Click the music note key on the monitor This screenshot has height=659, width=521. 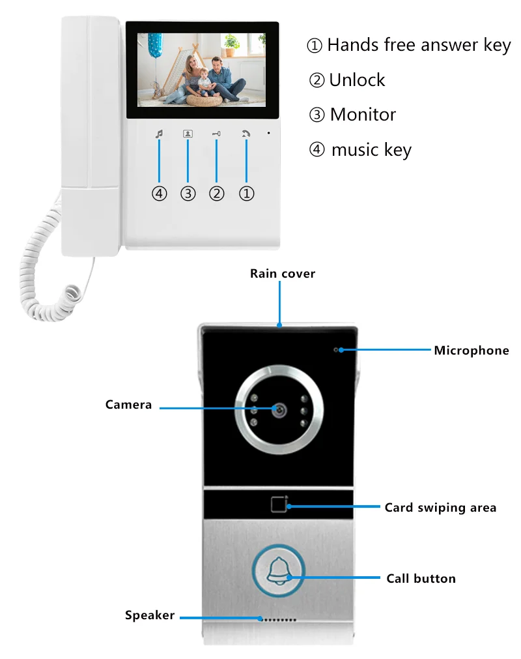(159, 134)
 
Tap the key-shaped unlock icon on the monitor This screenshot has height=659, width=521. (216, 134)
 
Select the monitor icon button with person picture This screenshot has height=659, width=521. (188, 134)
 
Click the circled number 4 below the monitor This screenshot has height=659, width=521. (159, 194)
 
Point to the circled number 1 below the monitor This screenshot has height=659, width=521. (246, 194)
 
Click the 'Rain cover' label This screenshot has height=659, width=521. (282, 274)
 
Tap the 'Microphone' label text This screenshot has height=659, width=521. (472, 351)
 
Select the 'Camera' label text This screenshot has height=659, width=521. (128, 405)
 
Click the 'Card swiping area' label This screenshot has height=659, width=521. (440, 507)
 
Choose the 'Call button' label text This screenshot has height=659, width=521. (421, 578)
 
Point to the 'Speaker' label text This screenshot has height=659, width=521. (150, 615)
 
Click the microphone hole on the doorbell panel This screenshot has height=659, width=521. (337, 350)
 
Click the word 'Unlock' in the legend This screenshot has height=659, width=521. (357, 80)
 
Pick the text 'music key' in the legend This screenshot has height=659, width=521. (371, 150)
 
